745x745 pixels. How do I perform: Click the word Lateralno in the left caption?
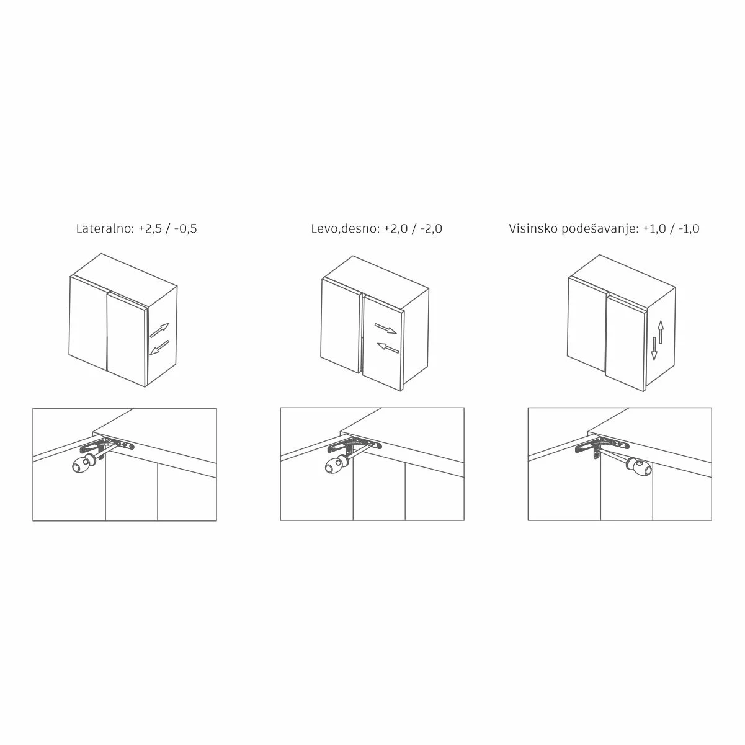pyautogui.click(x=105, y=228)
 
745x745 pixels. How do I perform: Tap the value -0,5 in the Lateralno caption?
pyautogui.click(x=185, y=229)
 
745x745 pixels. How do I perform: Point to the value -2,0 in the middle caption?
pyautogui.click(x=430, y=229)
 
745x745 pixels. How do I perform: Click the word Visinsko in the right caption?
pyautogui.click(x=533, y=228)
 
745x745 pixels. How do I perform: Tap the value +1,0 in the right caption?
pyautogui.click(x=654, y=229)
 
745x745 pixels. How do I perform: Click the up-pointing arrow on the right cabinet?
pyautogui.click(x=661, y=332)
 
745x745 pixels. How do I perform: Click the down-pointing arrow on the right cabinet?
pyautogui.click(x=654, y=349)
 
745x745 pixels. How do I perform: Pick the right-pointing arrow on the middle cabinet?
pyautogui.click(x=385, y=329)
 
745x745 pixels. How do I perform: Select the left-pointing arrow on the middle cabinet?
pyautogui.click(x=388, y=347)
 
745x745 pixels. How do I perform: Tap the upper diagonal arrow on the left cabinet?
pyautogui.click(x=159, y=330)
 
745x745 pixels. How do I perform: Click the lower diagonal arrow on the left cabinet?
pyautogui.click(x=159, y=347)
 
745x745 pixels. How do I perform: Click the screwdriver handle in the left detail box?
pyautogui.click(x=84, y=464)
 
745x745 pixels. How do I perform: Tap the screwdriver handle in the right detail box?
pyautogui.click(x=640, y=466)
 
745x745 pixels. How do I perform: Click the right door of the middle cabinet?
pyautogui.click(x=382, y=343)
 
